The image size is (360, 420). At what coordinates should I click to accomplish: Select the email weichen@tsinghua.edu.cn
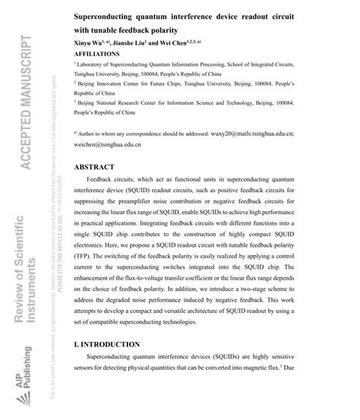(x=109, y=144)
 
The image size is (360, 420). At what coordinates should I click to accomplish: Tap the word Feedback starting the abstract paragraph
(x=101, y=185)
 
